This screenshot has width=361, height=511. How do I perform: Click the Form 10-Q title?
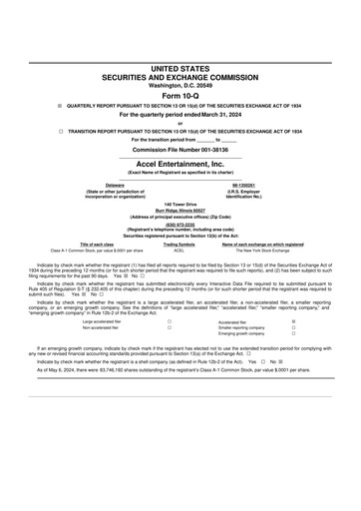(180, 93)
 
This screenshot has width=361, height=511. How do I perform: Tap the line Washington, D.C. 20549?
(180, 84)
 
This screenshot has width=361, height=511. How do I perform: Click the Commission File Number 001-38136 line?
(180, 149)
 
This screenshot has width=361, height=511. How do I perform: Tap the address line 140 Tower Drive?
(180, 204)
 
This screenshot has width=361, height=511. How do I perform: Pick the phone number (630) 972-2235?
(180, 224)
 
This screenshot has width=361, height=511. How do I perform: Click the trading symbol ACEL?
(180, 251)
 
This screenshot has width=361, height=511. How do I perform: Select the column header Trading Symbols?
(180, 245)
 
